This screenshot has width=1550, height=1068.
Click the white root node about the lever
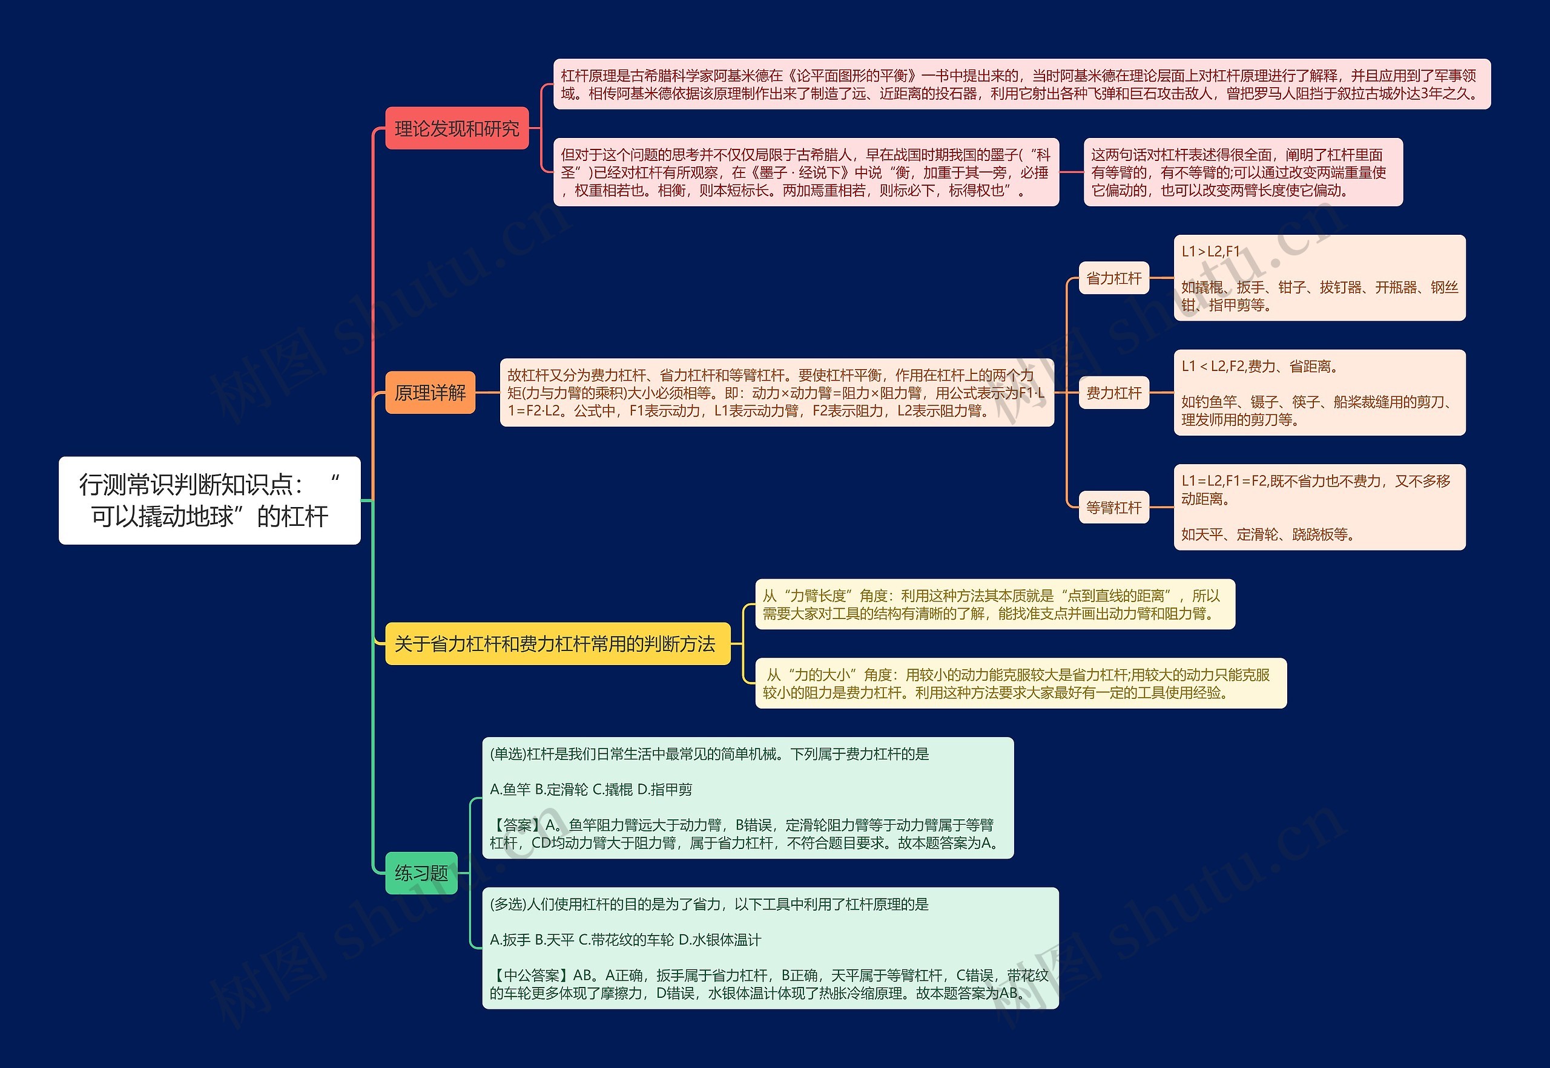point(209,500)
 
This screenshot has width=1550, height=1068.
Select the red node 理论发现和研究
point(457,128)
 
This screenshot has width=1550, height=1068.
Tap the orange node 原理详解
point(430,392)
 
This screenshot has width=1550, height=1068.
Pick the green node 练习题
point(421,873)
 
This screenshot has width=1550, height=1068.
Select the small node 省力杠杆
point(1113,278)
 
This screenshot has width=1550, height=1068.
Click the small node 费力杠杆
point(1113,393)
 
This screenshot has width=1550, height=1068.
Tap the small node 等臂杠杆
point(1113,507)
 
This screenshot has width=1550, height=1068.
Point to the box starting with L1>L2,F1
point(1319,278)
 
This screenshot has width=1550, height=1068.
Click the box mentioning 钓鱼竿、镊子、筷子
point(1319,393)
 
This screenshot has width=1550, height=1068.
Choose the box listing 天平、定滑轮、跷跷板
point(1319,507)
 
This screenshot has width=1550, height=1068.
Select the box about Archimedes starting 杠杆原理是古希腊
point(1021,84)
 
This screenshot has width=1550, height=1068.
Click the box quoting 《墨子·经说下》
point(805,172)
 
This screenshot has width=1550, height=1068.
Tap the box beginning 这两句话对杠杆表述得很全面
point(1242,172)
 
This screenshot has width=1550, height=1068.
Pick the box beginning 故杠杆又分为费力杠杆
point(776,392)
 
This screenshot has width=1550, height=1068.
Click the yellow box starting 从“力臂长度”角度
point(994,604)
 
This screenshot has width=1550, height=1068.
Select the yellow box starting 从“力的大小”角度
point(1020,683)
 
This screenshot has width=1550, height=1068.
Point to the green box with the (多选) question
point(770,948)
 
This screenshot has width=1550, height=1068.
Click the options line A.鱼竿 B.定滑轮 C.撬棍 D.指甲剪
point(591,790)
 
